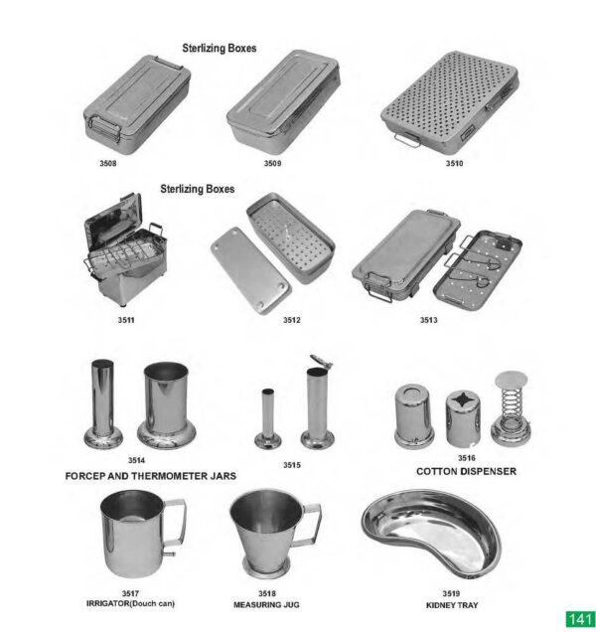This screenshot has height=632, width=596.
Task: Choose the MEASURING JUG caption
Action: click(x=266, y=604)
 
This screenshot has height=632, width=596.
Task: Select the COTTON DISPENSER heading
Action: click(x=466, y=471)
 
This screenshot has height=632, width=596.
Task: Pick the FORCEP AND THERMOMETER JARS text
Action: click(x=151, y=477)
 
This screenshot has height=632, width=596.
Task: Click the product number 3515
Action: click(x=291, y=464)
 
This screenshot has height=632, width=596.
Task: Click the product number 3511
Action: click(x=125, y=320)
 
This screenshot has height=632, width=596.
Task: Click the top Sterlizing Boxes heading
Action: click(x=219, y=47)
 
